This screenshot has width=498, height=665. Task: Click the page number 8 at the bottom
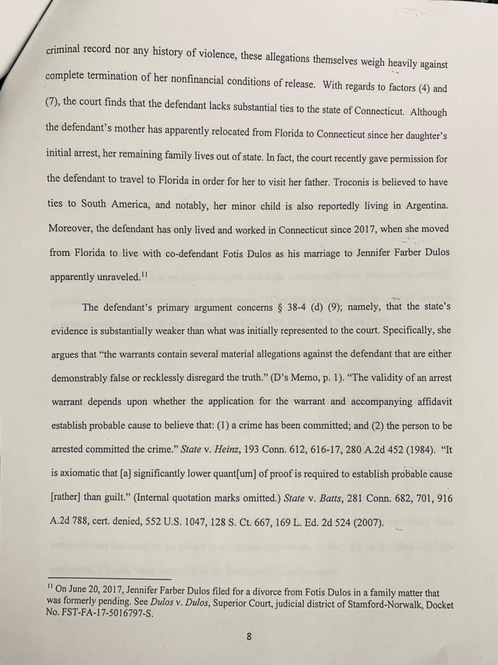tap(249, 636)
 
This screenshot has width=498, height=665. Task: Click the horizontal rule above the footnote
tap(110, 577)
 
